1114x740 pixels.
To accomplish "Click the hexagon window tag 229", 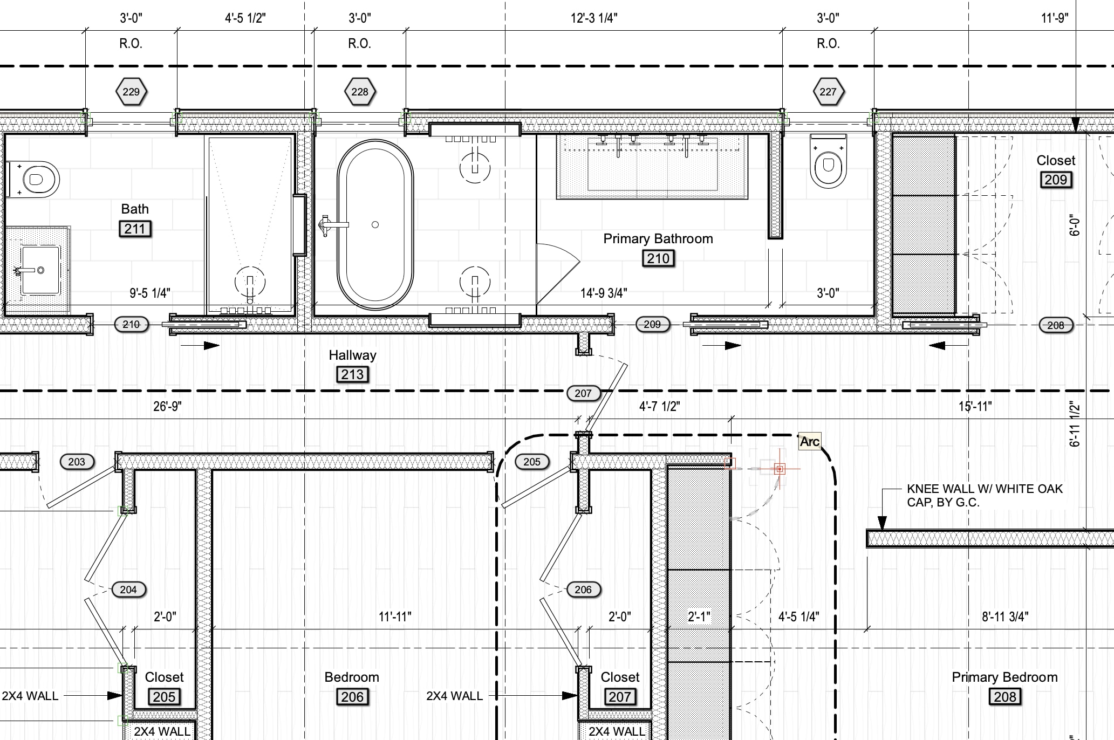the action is point(131,92).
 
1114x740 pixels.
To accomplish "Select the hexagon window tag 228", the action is point(360,92).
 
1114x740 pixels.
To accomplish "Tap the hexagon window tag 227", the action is point(828,92).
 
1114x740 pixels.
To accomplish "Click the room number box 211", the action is point(135,229).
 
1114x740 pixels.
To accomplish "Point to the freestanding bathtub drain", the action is point(375,224).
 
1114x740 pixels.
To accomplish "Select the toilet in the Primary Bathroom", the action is point(828,161).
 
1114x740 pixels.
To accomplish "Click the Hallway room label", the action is point(353,355).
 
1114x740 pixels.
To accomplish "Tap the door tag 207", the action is point(583,393).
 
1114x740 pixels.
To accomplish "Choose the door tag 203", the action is point(77,462).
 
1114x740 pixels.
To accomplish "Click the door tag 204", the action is point(128,590).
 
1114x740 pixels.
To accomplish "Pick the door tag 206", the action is point(583,590).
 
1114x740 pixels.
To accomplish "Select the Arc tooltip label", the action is point(810,441).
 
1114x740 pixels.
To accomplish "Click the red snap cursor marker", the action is point(779,469).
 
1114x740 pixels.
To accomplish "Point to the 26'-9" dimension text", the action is point(167,406).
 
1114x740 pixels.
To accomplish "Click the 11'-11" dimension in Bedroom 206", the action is point(395,616).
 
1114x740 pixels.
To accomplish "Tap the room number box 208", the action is point(1005,697).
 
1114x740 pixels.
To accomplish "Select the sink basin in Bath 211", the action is point(40,270).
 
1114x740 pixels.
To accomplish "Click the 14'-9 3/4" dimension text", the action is point(604,293).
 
